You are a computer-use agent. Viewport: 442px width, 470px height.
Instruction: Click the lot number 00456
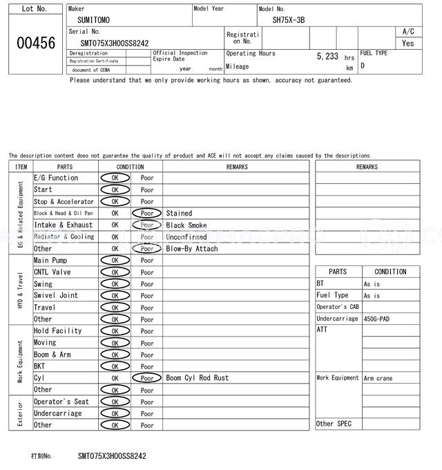(x=35, y=43)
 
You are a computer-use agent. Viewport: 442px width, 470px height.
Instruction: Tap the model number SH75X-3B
(x=288, y=20)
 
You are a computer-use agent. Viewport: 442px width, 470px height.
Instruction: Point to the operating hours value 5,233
(x=327, y=57)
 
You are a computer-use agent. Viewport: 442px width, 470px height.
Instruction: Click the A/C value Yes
(x=408, y=43)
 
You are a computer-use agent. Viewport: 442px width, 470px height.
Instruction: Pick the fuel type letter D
(x=363, y=66)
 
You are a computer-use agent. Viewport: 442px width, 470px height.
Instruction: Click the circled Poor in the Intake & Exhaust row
(x=147, y=225)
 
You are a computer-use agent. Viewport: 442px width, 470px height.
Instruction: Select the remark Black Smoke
(x=186, y=225)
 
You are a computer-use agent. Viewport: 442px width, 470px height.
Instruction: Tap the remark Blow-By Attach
(x=191, y=249)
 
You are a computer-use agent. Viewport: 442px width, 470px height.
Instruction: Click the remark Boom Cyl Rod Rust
(x=197, y=378)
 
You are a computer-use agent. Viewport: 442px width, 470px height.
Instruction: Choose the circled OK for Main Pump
(x=115, y=261)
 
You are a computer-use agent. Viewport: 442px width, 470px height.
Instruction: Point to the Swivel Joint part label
(x=56, y=296)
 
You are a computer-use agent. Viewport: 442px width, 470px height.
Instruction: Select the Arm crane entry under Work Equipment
(x=378, y=378)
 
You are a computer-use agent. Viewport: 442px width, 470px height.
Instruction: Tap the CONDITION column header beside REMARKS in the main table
(x=130, y=167)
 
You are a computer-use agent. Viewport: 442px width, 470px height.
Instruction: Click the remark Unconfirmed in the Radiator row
(x=186, y=237)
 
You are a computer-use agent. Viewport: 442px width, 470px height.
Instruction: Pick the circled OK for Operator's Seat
(x=115, y=402)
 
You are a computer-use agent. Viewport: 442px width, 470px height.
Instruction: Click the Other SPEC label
(x=334, y=424)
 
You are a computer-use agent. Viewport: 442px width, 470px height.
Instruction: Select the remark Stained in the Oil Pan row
(x=179, y=214)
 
